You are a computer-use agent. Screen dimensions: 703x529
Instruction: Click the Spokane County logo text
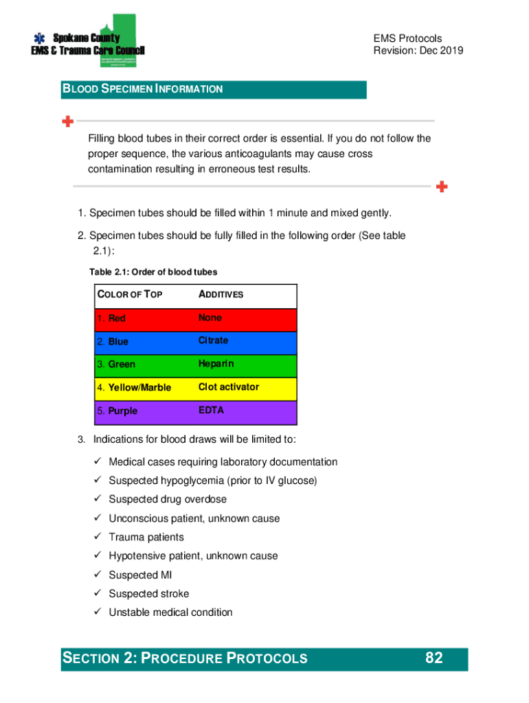click(x=87, y=38)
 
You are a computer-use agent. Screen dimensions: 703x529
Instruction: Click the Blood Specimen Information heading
click(x=143, y=89)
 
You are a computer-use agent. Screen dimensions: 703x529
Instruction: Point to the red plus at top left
click(x=67, y=122)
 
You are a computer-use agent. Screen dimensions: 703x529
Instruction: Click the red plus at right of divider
click(x=442, y=186)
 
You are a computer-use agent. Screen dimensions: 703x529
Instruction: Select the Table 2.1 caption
click(x=153, y=273)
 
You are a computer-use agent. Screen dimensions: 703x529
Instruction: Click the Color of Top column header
click(x=130, y=295)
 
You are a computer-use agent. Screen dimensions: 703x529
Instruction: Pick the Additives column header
click(x=221, y=295)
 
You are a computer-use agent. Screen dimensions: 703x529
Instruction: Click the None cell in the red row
click(x=210, y=318)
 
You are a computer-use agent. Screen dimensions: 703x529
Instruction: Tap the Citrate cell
click(x=213, y=341)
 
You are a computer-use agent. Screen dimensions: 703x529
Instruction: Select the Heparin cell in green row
click(x=216, y=364)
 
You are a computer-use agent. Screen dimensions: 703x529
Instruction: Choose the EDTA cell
click(x=211, y=411)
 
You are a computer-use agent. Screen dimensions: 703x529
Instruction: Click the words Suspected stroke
click(x=148, y=594)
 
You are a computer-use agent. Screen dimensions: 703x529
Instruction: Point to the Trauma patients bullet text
click(x=146, y=538)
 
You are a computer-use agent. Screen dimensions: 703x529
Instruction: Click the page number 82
click(x=434, y=658)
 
